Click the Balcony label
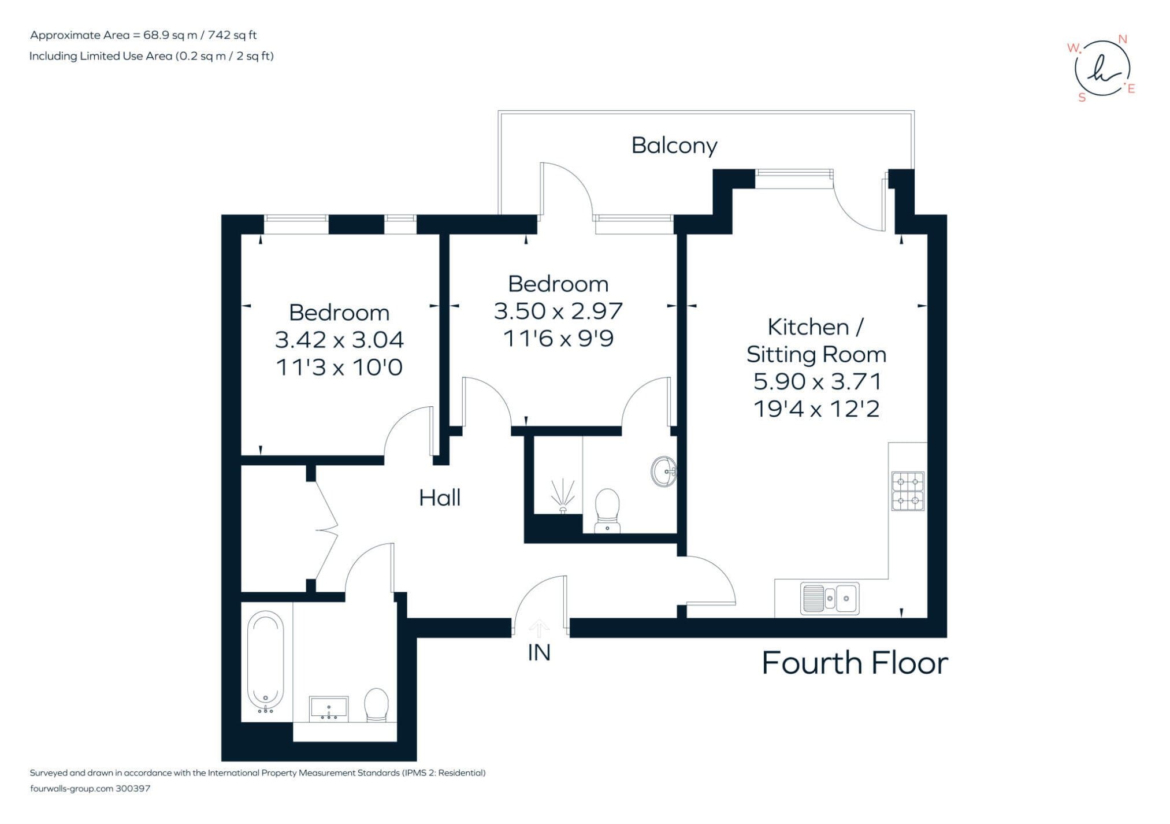click(674, 146)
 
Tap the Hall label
click(440, 498)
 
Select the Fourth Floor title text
click(855, 663)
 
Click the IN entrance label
click(539, 652)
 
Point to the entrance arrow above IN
click(539, 629)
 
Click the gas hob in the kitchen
click(908, 491)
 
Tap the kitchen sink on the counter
click(830, 598)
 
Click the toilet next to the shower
click(607, 511)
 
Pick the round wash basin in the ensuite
click(663, 472)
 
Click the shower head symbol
click(563, 496)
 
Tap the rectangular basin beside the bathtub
click(329, 708)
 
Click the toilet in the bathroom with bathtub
click(376, 704)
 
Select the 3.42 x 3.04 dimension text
click(339, 340)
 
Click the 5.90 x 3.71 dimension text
click(817, 381)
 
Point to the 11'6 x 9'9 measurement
click(558, 338)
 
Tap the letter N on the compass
click(1123, 39)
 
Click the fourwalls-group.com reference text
click(90, 788)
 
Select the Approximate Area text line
click(143, 35)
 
